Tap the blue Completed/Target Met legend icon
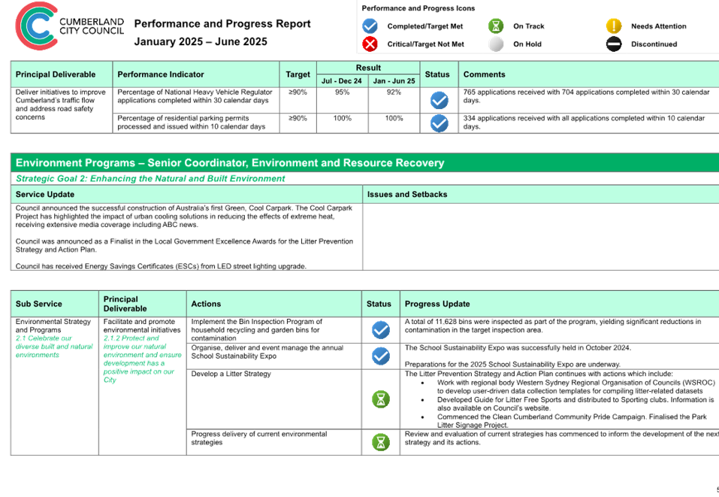[x=370, y=26]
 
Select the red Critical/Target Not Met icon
[x=370, y=44]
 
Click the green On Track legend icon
[x=496, y=26]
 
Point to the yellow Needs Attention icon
[x=614, y=26]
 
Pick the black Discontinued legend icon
[x=614, y=44]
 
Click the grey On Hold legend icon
[x=496, y=44]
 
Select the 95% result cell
[x=342, y=92]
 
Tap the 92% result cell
[x=394, y=92]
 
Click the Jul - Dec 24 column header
[x=342, y=80]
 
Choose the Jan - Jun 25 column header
[x=394, y=80]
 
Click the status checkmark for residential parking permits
[x=440, y=123]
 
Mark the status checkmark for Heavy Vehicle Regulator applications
[x=440, y=100]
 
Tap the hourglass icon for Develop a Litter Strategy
[x=381, y=399]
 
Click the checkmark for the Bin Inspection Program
[x=381, y=330]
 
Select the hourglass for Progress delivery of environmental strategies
[x=381, y=442]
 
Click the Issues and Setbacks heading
[x=407, y=195]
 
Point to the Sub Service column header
[x=38, y=304]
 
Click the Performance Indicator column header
[x=161, y=74]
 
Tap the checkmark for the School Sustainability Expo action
[x=381, y=356]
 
